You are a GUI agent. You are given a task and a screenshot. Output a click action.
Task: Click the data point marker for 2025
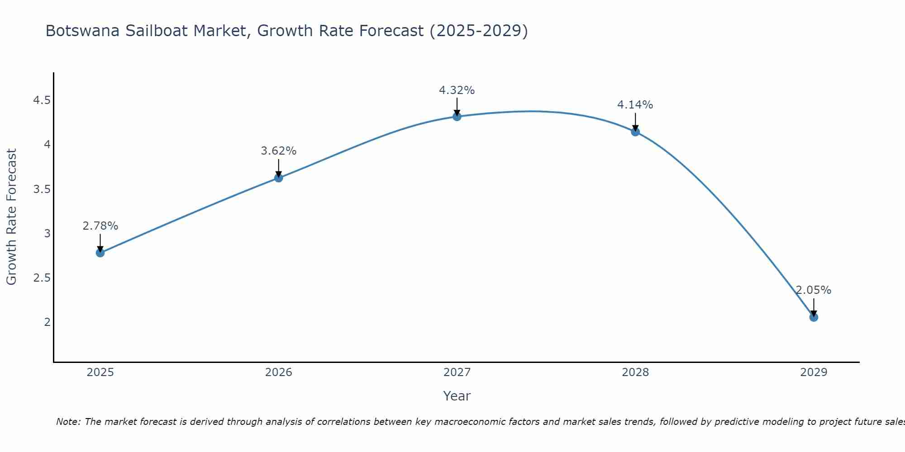click(100, 253)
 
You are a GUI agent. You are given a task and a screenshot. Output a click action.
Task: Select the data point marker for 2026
click(279, 178)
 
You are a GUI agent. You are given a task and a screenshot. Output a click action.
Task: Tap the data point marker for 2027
click(457, 117)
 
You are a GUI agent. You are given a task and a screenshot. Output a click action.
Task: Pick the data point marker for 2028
click(635, 132)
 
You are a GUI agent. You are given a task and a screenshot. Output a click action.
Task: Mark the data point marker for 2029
click(814, 317)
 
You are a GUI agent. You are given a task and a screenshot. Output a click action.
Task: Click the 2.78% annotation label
click(100, 226)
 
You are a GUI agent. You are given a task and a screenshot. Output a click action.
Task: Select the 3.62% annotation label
click(279, 151)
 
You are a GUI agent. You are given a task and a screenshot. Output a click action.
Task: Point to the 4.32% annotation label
click(457, 90)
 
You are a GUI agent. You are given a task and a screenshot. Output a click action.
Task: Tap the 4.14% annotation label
click(635, 105)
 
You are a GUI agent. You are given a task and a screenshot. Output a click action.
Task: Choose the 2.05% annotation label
click(814, 290)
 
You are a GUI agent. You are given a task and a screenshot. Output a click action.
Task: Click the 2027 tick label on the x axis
click(457, 372)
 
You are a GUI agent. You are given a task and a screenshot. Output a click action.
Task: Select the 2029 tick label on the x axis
click(814, 372)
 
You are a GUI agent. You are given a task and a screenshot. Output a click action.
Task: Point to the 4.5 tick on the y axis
click(42, 100)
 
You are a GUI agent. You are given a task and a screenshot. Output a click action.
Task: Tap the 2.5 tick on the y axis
click(42, 278)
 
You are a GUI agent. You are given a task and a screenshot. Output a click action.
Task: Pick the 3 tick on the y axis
click(47, 234)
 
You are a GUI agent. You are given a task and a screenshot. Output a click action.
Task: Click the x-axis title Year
click(457, 396)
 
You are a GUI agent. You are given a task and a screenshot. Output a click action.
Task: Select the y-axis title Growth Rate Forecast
click(11, 217)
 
